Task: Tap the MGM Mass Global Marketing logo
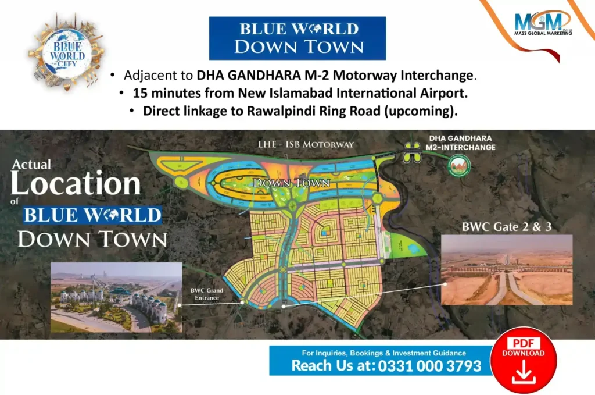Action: click(542, 24)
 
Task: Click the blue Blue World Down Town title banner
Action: click(297, 38)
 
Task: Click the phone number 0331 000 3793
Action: click(429, 366)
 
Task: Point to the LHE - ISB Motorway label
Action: click(306, 144)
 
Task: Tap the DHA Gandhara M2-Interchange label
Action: click(462, 143)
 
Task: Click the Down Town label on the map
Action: click(291, 183)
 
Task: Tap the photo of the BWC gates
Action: click(507, 271)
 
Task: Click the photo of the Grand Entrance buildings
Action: click(116, 297)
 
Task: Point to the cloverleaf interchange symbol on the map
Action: click(412, 152)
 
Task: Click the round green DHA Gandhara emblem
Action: click(460, 165)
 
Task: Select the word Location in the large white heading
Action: click(76, 184)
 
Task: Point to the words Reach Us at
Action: click(333, 366)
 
